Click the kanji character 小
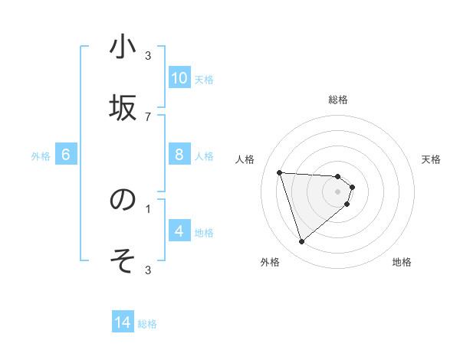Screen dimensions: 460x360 point(123,47)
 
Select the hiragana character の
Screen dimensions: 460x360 point(123,200)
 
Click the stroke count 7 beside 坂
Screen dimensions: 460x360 point(148,116)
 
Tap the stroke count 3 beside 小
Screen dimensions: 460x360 point(148,55)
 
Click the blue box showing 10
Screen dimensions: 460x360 point(179,78)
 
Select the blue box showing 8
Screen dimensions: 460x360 point(179,155)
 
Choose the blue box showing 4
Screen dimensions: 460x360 point(179,231)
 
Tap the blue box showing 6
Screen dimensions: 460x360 point(65,155)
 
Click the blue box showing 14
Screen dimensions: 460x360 point(123,322)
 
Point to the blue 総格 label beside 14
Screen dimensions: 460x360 point(147,324)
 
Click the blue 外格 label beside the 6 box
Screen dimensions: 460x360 point(41,156)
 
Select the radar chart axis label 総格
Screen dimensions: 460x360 point(338,100)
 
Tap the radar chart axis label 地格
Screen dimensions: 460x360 point(402,262)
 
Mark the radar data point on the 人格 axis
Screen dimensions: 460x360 point(280,172)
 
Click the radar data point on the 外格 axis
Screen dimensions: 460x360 point(301,242)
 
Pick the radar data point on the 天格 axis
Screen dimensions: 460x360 point(352,187)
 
